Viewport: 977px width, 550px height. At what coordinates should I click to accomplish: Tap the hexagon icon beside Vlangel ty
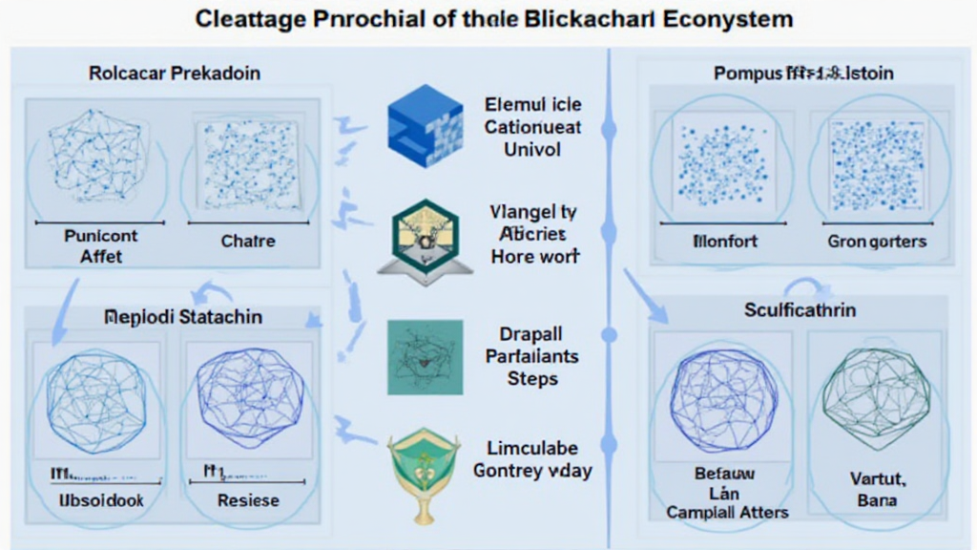click(x=419, y=238)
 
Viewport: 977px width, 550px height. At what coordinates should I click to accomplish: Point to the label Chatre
click(x=247, y=241)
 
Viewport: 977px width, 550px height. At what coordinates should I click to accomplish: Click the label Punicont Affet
click(x=100, y=245)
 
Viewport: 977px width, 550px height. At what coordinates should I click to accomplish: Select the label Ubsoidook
click(x=100, y=499)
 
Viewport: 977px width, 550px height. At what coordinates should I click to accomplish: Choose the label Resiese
click(x=248, y=499)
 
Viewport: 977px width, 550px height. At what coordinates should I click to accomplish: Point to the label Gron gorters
click(x=877, y=242)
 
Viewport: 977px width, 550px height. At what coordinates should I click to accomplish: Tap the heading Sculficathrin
click(x=799, y=310)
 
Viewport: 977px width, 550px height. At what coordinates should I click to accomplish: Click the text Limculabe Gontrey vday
click(x=532, y=459)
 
